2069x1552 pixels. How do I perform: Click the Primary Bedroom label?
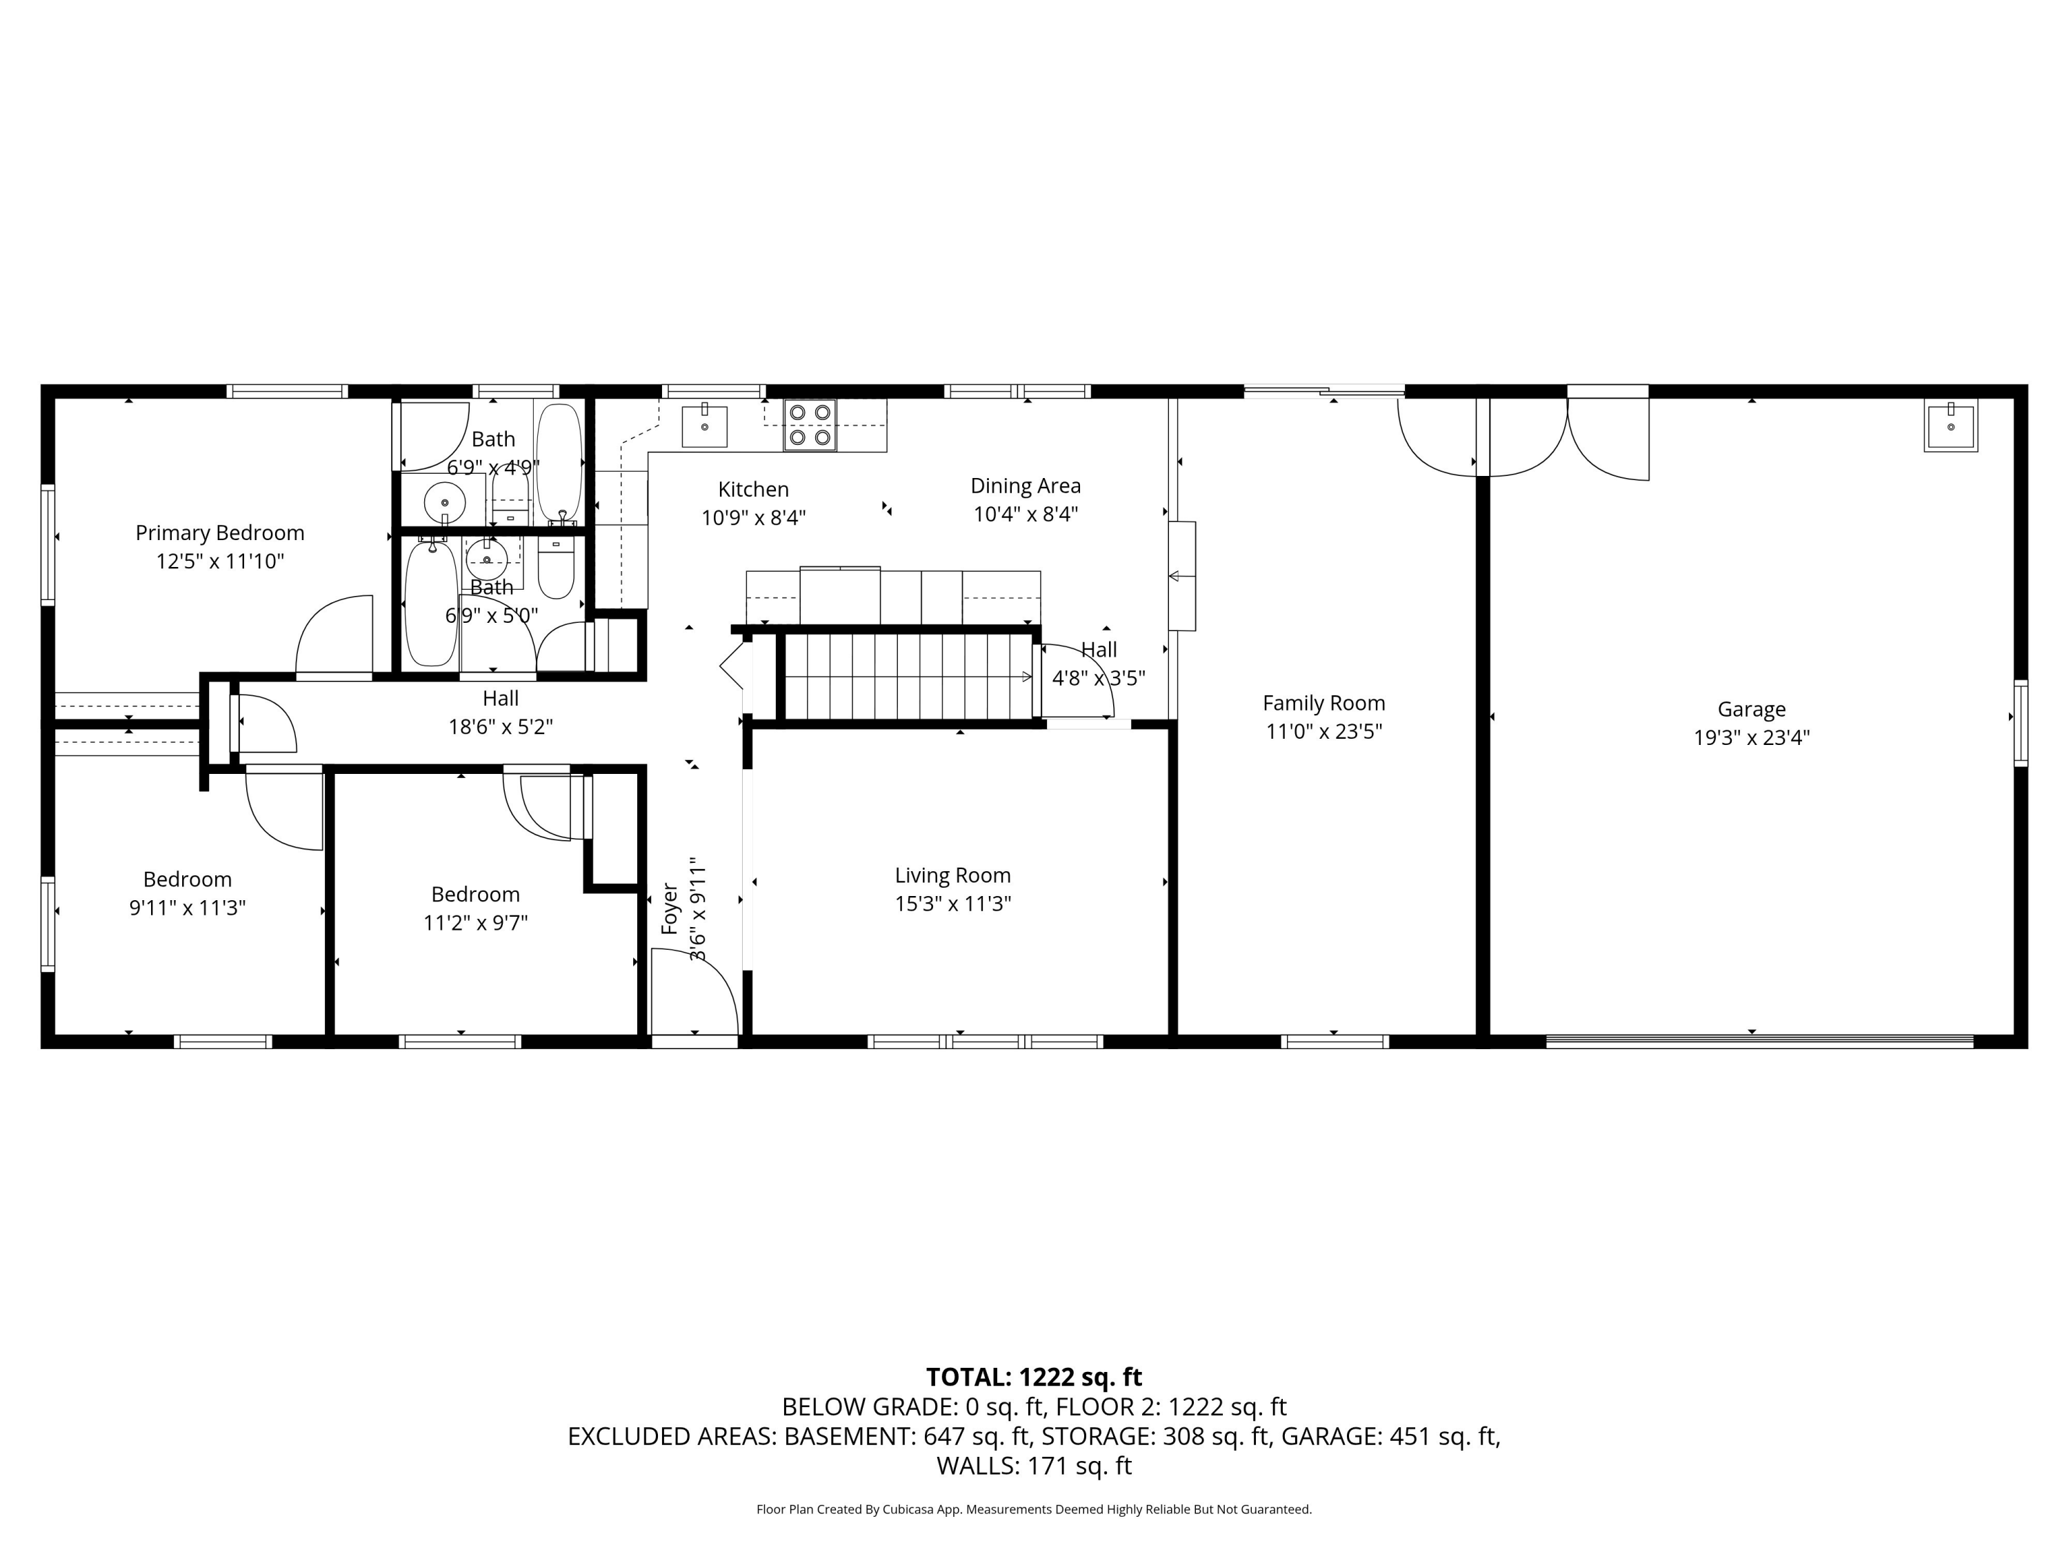click(220, 533)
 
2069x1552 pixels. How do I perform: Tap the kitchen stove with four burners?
click(810, 425)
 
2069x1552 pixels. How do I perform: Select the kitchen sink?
click(704, 426)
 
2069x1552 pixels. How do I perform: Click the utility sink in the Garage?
click(1950, 426)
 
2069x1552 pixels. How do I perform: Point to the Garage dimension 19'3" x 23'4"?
click(1751, 737)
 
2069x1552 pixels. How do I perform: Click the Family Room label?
click(1323, 703)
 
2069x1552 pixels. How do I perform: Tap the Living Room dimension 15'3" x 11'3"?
click(952, 904)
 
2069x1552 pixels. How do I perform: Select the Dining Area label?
click(1025, 486)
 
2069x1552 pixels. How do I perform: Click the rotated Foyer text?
click(670, 908)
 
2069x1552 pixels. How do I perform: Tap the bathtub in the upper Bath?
click(559, 461)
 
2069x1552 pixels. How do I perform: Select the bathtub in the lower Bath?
click(430, 604)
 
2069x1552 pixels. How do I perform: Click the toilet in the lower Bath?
click(556, 568)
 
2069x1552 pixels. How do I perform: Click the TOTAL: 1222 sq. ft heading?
click(1034, 1377)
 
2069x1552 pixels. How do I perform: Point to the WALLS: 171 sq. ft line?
click(1034, 1466)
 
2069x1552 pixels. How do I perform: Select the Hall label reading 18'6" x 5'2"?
click(501, 712)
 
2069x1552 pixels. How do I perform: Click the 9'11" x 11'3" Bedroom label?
click(187, 893)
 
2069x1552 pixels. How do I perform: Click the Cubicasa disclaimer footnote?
click(1034, 1509)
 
